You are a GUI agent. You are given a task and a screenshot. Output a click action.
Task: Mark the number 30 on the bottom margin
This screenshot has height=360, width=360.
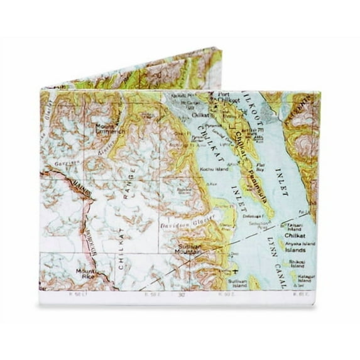coord(181,294)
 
